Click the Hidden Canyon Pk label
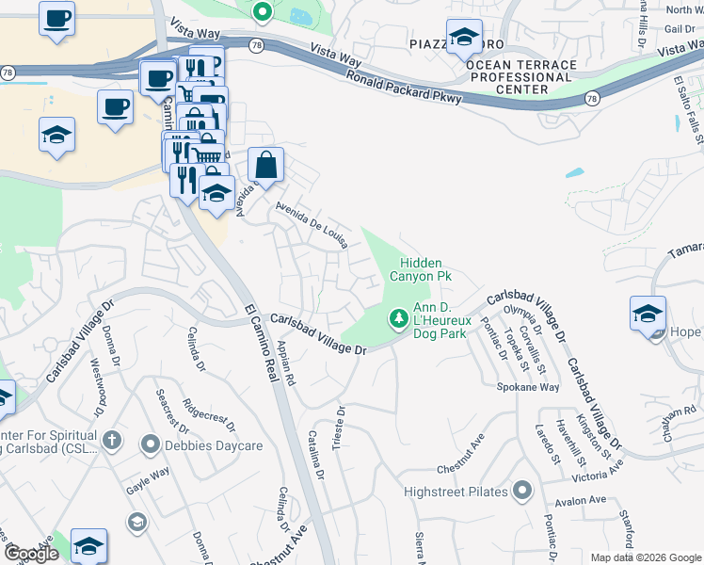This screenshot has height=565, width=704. (426, 269)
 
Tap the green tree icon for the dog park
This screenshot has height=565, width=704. (399, 319)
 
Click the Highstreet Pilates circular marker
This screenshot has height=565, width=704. (522, 491)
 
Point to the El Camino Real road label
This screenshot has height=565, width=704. (264, 345)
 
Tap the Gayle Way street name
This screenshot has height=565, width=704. (148, 478)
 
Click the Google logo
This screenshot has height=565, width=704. (31, 554)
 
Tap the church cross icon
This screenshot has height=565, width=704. (111, 439)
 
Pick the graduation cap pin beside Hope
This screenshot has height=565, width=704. (648, 314)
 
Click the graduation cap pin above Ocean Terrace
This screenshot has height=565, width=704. (463, 37)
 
